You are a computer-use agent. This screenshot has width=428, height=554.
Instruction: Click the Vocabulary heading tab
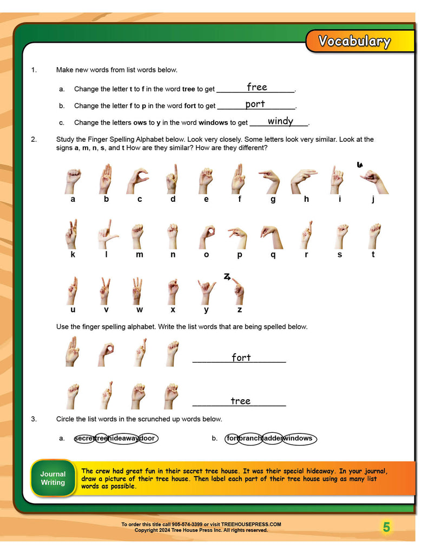tap(354, 42)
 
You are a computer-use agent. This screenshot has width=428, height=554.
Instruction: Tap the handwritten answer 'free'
tap(256, 87)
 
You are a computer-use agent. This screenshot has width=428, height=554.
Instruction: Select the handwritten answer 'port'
tap(255, 104)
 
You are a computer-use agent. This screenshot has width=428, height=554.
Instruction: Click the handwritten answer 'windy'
tap(280, 121)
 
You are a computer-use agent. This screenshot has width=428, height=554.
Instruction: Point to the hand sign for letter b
tap(106, 179)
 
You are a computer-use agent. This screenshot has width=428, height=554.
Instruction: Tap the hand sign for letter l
tap(108, 234)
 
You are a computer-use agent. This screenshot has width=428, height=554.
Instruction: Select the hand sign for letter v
tap(106, 291)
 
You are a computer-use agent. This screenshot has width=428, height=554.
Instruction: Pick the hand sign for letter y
tap(206, 291)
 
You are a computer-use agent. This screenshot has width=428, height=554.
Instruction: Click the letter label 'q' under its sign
tap(273, 254)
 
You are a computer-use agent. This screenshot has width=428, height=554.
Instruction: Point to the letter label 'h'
tap(306, 199)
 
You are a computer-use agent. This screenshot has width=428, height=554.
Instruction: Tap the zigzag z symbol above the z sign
tap(227, 276)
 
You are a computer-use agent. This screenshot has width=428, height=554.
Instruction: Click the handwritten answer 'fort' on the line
tap(241, 358)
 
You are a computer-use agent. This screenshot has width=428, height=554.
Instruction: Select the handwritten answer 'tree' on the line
tap(240, 401)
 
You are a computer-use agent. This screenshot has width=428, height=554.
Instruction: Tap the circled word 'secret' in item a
tap(84, 438)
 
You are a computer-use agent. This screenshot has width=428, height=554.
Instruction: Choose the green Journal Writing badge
tap(53, 478)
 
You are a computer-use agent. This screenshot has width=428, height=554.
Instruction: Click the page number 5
tap(386, 527)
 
